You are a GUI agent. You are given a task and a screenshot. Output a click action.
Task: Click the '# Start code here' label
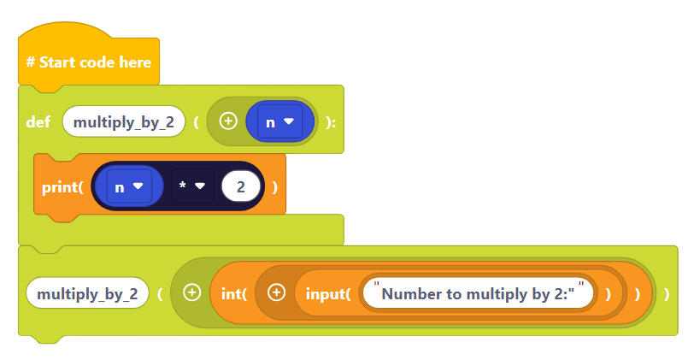pyautogui.click(x=88, y=62)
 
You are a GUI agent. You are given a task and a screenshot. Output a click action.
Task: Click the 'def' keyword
pyautogui.click(x=38, y=122)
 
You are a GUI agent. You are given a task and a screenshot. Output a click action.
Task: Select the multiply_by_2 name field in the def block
pyautogui.click(x=124, y=122)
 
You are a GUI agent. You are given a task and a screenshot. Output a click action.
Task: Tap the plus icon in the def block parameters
pyautogui.click(x=227, y=121)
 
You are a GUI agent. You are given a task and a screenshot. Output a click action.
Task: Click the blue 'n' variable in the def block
pyautogui.click(x=270, y=122)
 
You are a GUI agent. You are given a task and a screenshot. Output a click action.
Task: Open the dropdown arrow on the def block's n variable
pyautogui.click(x=289, y=122)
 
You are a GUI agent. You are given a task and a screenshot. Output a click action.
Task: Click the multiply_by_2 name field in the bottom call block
pyautogui.click(x=87, y=293)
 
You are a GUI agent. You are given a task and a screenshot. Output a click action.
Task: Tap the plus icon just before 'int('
pyautogui.click(x=191, y=293)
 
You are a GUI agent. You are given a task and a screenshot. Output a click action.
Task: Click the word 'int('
pyautogui.click(x=233, y=293)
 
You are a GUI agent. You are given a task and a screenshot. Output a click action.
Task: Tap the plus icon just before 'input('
pyautogui.click(x=275, y=293)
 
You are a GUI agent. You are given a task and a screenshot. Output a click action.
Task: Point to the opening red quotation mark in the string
pyautogui.click(x=376, y=285)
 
